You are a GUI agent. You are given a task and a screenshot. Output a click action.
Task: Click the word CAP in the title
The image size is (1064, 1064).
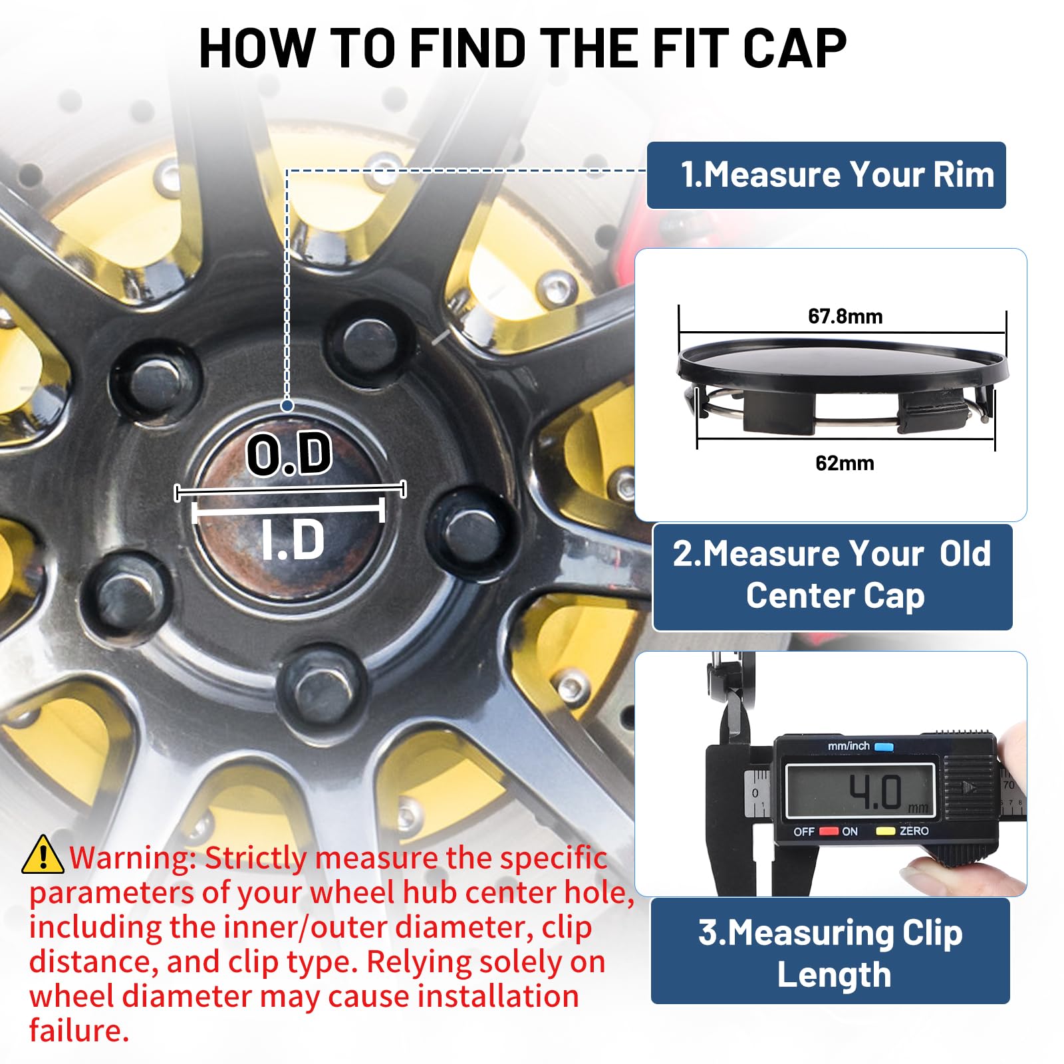tap(795, 48)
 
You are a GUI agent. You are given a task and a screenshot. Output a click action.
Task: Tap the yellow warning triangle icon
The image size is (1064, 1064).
tap(43, 855)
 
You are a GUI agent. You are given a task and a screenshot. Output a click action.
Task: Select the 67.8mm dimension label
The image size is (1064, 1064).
tap(845, 317)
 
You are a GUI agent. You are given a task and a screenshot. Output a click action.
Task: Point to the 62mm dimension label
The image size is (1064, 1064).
tap(845, 463)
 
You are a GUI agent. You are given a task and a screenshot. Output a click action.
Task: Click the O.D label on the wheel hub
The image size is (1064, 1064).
tap(289, 454)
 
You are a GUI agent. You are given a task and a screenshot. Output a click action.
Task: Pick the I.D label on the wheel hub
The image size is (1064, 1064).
tap(293, 539)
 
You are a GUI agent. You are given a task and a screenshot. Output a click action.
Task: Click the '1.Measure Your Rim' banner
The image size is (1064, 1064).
tap(827, 175)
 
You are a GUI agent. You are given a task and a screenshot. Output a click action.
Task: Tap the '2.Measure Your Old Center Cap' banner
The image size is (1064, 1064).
tap(833, 577)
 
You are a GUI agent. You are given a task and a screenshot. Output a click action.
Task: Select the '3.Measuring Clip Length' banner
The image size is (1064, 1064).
tap(831, 951)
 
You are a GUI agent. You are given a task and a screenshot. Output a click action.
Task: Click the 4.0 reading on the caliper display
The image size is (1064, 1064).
tap(875, 792)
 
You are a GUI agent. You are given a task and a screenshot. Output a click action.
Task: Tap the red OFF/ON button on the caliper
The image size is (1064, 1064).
tap(829, 831)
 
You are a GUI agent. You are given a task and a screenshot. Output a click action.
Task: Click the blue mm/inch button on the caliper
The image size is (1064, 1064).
tap(884, 746)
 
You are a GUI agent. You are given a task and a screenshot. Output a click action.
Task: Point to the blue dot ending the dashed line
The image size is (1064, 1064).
tap(287, 405)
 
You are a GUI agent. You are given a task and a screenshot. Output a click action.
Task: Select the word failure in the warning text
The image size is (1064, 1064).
tap(79, 1030)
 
